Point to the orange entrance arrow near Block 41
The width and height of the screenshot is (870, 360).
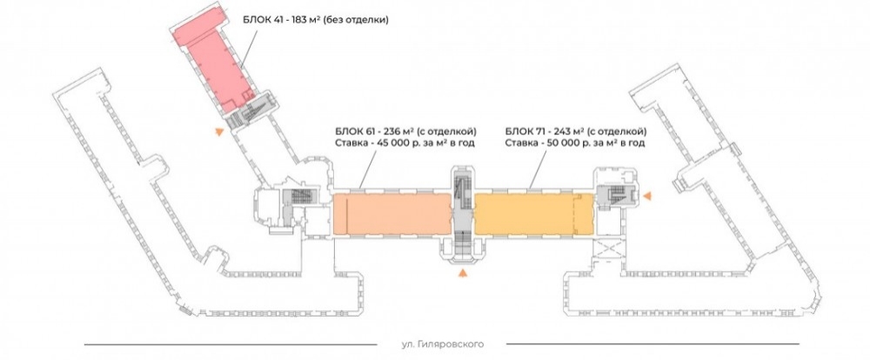click(219, 131)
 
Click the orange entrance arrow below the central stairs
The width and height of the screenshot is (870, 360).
click(462, 274)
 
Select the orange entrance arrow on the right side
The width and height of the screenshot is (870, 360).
click(647, 199)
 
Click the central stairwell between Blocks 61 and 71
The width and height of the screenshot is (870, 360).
click(462, 213)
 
